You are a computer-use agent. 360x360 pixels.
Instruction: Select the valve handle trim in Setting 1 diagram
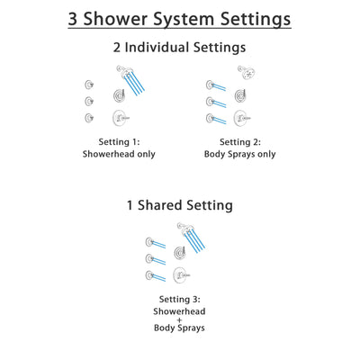pyautogui.click(x=119, y=117)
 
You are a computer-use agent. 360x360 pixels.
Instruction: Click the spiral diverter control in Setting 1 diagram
pyautogui.click(x=119, y=94)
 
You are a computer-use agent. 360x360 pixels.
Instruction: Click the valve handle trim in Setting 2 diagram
pyautogui.click(x=240, y=117)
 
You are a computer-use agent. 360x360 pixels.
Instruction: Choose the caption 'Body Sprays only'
pyautogui.click(x=239, y=154)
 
